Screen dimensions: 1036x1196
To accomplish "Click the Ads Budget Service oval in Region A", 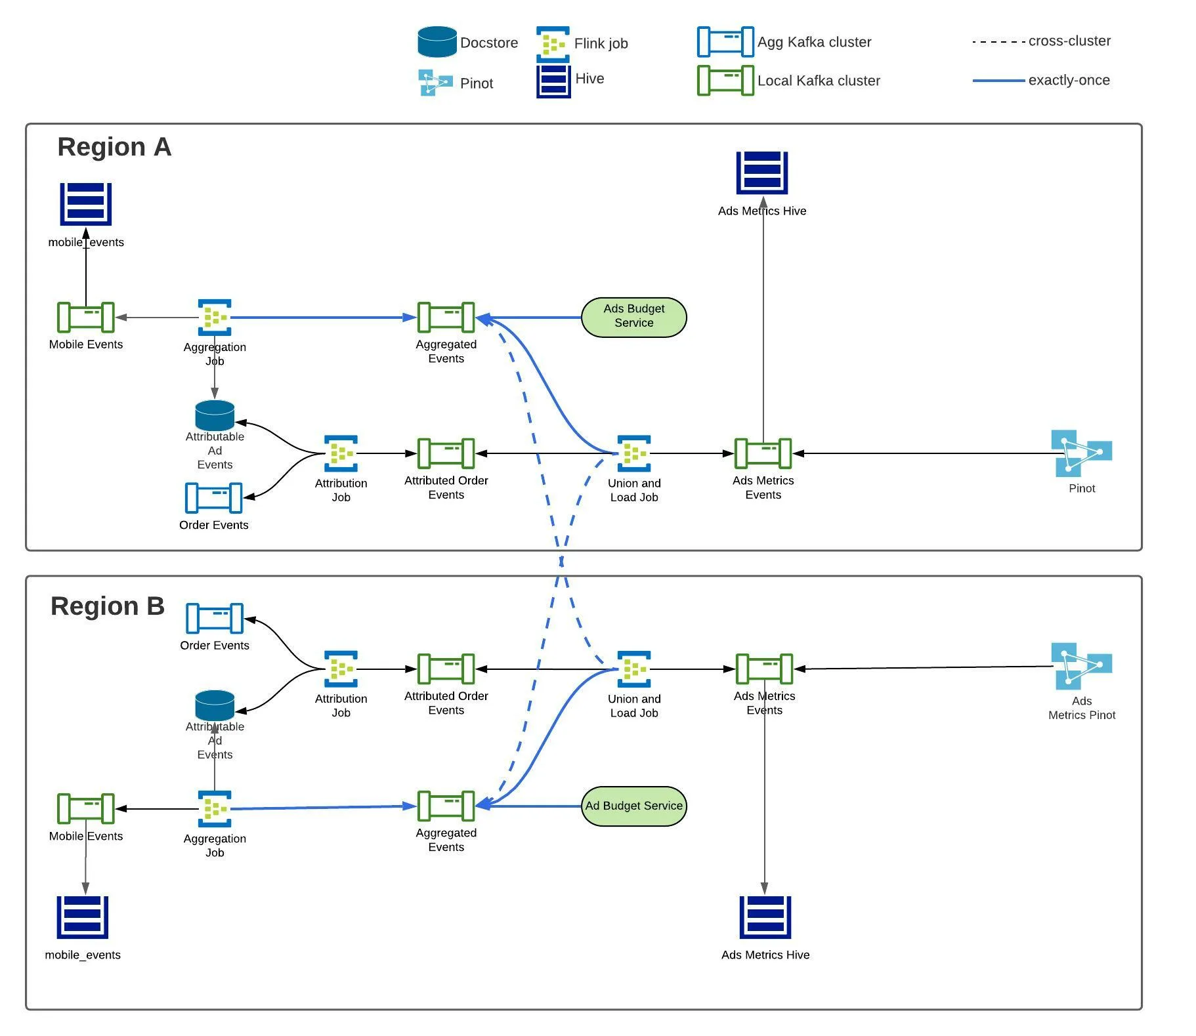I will click(x=633, y=318).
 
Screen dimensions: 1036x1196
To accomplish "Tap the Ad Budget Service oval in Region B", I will click(x=633, y=806).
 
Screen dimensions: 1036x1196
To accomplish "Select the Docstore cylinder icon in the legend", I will click(x=437, y=42).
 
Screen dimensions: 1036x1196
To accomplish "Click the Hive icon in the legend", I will click(x=553, y=81).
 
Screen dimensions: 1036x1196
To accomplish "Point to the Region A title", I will click(x=114, y=147).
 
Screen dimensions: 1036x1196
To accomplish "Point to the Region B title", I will click(x=108, y=606).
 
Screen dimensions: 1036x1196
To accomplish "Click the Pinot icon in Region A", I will click(x=1080, y=453).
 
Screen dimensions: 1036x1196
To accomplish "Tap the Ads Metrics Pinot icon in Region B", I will click(x=1080, y=665).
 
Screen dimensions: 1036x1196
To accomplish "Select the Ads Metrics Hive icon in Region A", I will click(x=761, y=173).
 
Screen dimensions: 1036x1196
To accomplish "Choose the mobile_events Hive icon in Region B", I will click(x=83, y=917).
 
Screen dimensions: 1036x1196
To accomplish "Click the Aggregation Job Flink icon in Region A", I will click(x=215, y=318).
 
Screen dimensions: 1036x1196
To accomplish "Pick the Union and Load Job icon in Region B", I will click(x=633, y=669).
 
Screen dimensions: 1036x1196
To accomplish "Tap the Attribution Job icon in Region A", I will click(x=341, y=453).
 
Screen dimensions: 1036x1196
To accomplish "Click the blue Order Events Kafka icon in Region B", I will click(x=215, y=618).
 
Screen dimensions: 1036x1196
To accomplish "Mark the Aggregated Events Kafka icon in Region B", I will click(x=446, y=806).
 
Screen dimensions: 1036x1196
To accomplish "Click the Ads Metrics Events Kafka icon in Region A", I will click(x=763, y=453).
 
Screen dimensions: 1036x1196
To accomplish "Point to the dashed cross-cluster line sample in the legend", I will click(x=998, y=42).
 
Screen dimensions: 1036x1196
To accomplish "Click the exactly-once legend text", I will click(x=1069, y=80).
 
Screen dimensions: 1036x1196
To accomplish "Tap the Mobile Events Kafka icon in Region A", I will click(x=85, y=318).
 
